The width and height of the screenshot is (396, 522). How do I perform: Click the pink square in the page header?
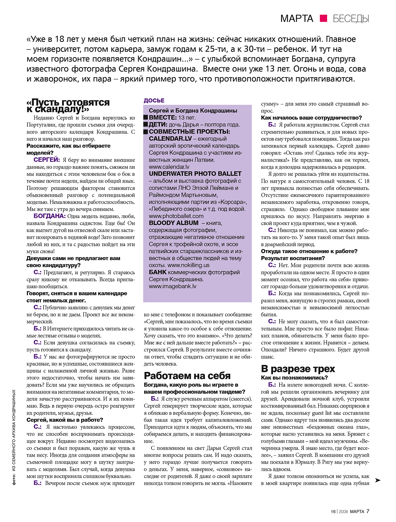pos(323,18)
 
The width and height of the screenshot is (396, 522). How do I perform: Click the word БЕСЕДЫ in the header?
pos(351,19)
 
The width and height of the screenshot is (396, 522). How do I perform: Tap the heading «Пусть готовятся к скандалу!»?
pos(68,106)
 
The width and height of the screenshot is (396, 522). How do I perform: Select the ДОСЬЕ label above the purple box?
pos(154,101)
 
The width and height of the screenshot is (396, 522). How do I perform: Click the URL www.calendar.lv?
pos(169,167)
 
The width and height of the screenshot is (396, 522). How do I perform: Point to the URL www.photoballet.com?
pos(176,216)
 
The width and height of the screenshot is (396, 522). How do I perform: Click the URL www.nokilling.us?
pos(188,265)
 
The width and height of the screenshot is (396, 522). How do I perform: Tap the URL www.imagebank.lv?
pos(172,286)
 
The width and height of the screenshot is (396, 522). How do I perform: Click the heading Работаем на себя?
pos(187,376)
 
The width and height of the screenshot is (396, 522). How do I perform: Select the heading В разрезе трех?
pos(298,369)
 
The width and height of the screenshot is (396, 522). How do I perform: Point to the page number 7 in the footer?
pos(368,511)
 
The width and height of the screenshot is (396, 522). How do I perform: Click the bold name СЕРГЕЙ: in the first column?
pos(47,160)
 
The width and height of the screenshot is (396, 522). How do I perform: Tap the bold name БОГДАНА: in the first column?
pos(50,216)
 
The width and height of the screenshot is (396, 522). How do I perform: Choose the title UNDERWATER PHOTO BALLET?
pos(195,174)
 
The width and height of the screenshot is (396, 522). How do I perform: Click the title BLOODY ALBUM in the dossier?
pos(174,223)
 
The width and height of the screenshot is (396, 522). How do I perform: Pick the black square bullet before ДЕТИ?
pos(146,125)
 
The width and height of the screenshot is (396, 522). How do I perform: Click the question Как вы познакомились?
pos(294,378)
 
